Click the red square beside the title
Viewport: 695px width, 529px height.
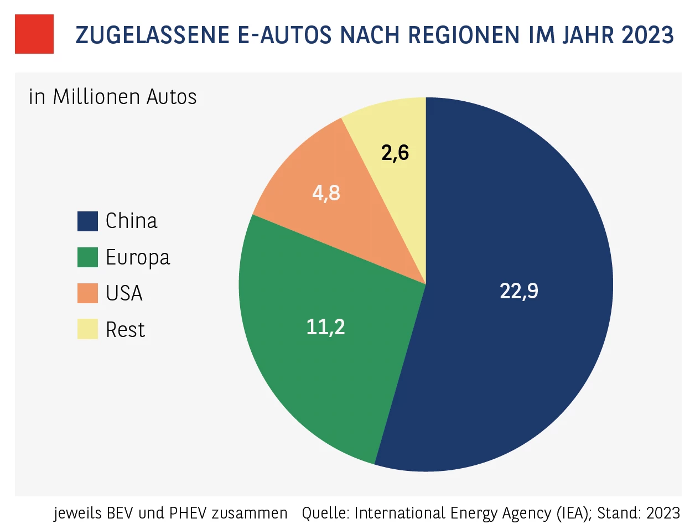34,34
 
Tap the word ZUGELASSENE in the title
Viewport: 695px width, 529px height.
152,35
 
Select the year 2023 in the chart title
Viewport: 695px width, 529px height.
647,35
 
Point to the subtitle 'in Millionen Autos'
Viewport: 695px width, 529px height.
112,97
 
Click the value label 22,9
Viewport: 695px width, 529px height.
518,291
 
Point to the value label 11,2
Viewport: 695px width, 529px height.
325,327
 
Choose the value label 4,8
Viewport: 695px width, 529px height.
326,193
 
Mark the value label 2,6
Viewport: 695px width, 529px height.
395,153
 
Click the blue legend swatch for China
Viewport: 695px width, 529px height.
87,221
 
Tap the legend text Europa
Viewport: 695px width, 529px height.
138,257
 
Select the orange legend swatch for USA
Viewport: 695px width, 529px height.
87,293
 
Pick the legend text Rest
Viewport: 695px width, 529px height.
125,330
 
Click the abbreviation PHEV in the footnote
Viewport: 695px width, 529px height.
188,513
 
